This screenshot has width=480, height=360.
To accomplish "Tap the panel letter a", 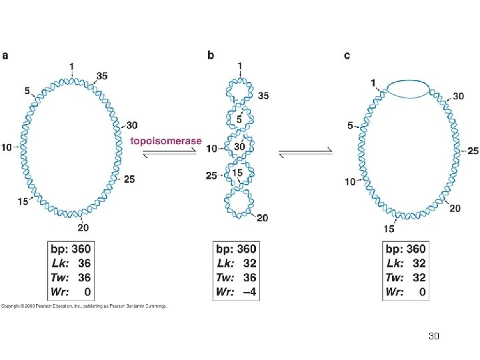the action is [6, 55].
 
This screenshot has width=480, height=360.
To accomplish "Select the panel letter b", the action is [211, 55].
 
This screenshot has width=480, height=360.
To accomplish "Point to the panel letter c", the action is [347, 55].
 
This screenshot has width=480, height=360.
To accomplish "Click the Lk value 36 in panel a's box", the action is [84, 263].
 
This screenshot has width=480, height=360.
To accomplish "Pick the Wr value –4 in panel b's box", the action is [247, 291].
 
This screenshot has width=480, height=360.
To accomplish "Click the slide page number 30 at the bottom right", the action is [434, 338].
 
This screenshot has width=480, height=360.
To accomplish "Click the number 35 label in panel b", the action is [263, 96].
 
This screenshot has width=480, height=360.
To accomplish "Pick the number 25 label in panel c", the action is [472, 151].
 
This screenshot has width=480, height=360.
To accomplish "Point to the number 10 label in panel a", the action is [7, 147].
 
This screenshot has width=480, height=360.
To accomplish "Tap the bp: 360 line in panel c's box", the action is [405, 249].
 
